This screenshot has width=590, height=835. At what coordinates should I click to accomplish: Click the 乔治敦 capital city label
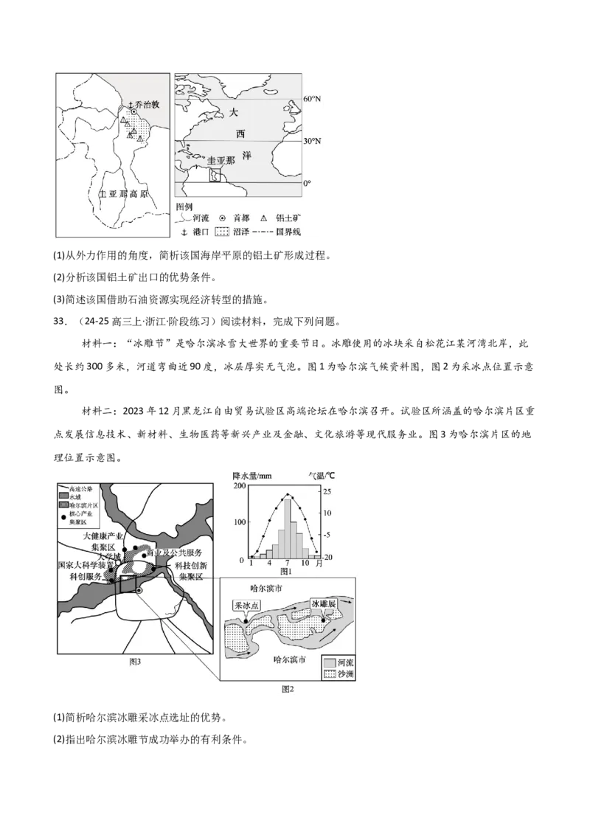(x=146, y=105)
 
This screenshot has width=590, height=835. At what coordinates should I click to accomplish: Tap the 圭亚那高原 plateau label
(x=123, y=195)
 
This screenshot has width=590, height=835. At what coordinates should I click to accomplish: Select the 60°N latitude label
(x=313, y=99)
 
